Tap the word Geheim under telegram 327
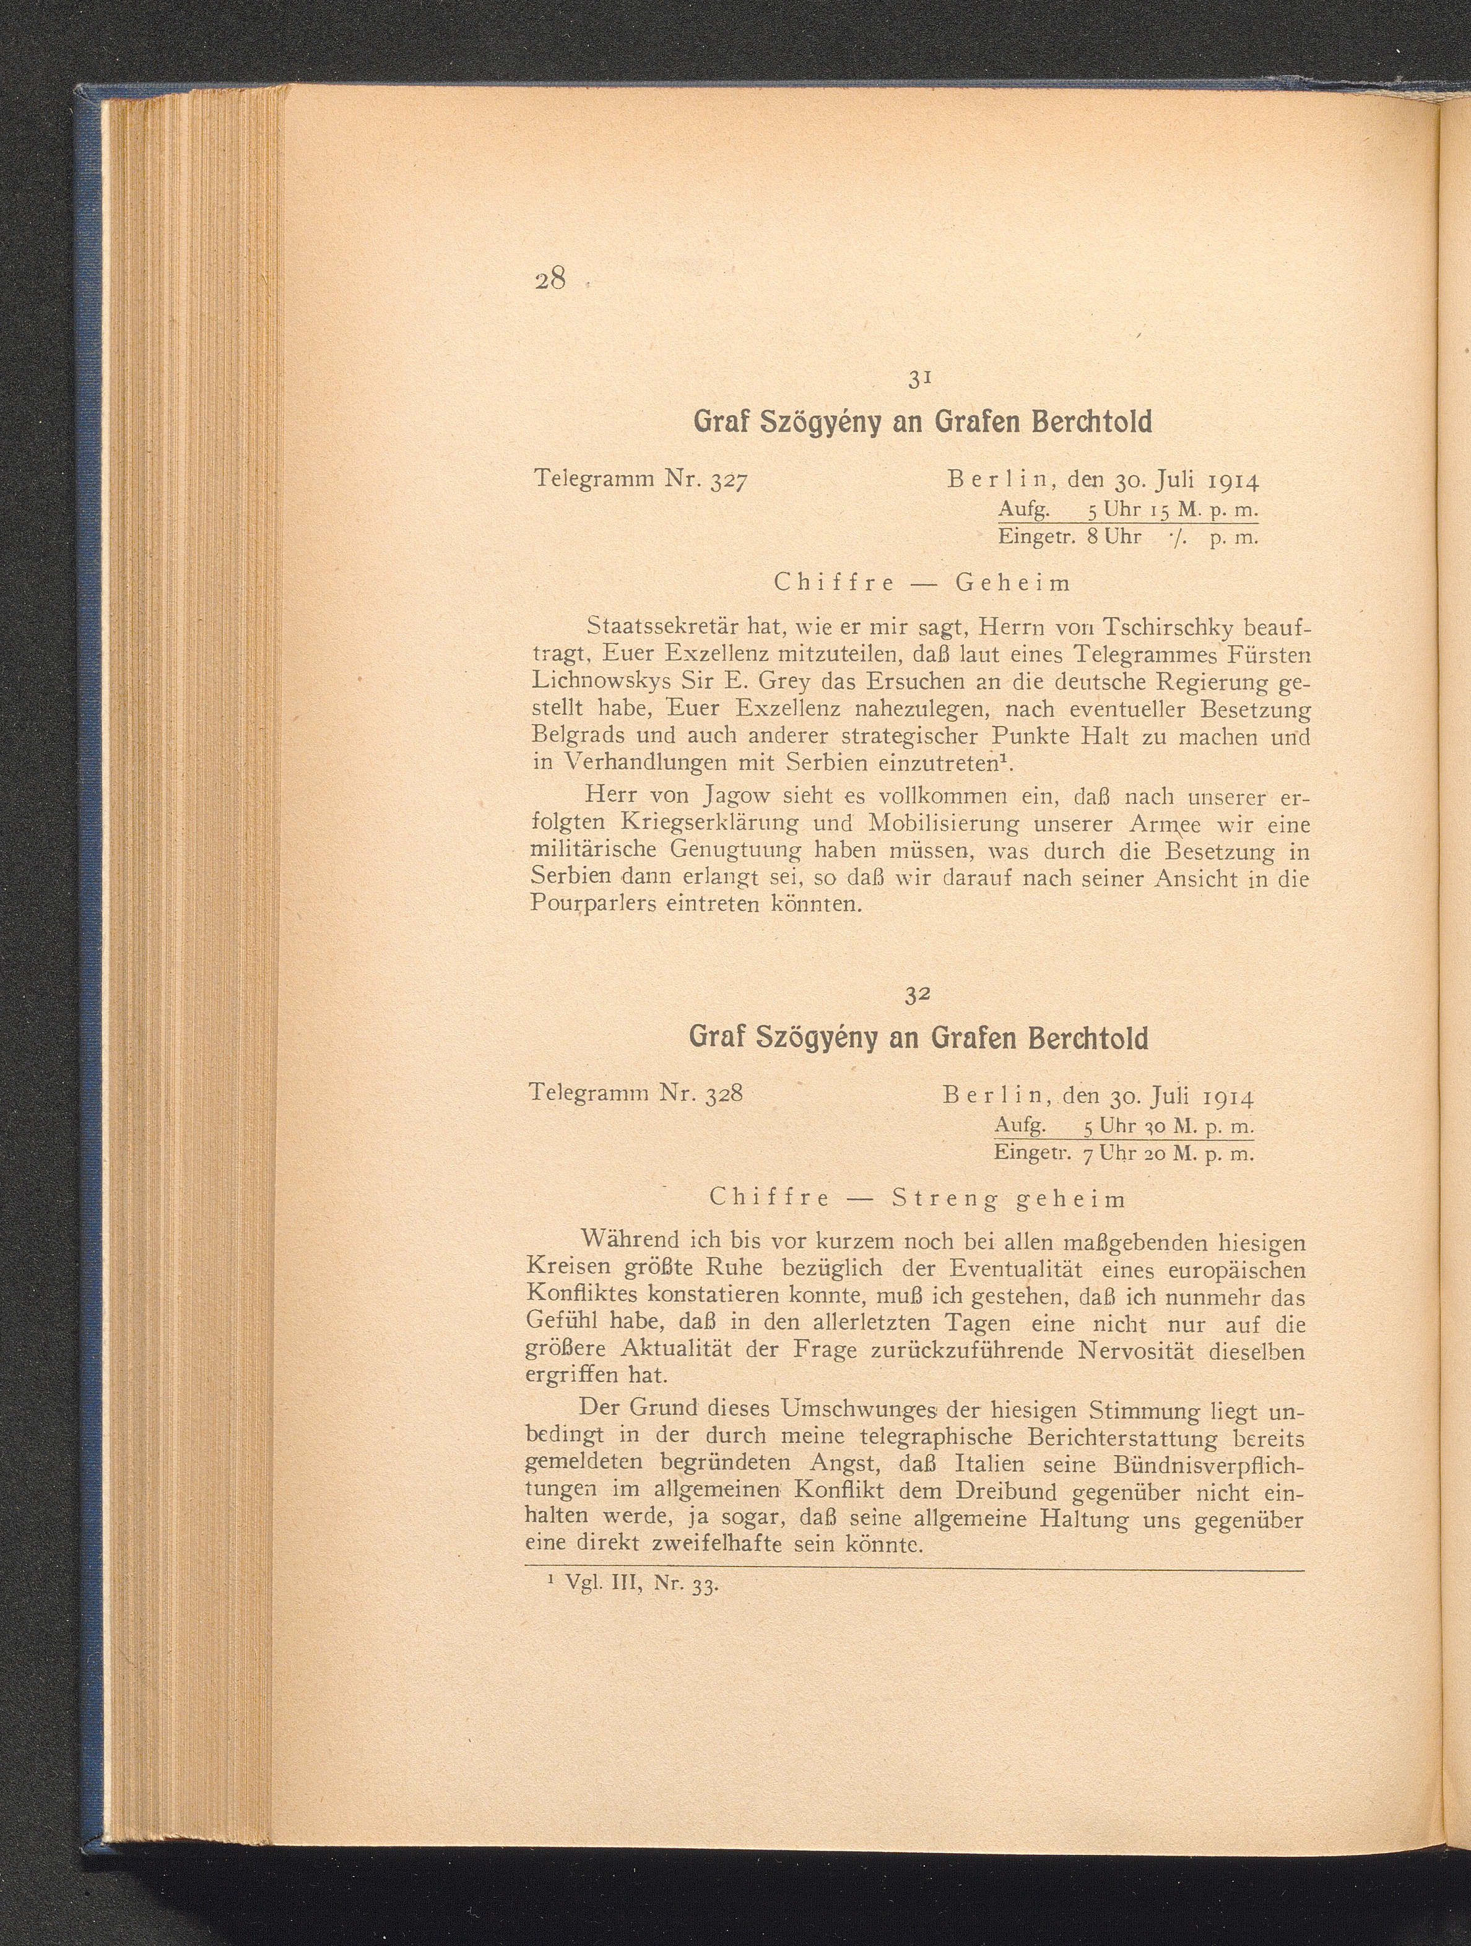(1013, 583)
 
